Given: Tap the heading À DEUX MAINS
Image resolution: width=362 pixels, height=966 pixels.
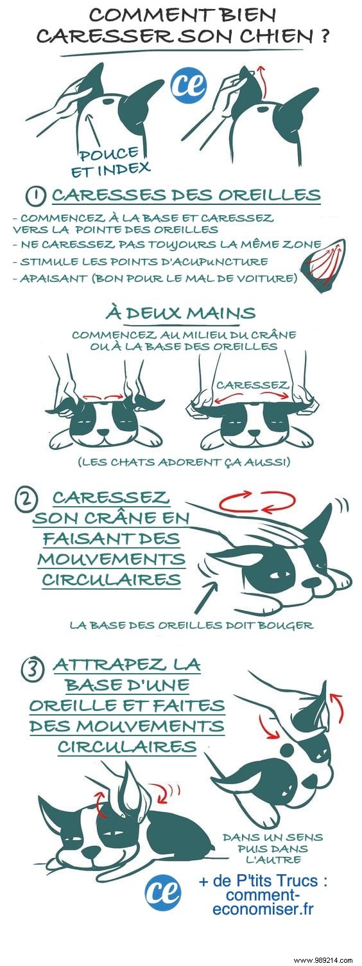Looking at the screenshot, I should (x=181, y=313).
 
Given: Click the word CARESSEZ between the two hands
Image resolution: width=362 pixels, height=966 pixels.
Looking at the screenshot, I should (x=252, y=385).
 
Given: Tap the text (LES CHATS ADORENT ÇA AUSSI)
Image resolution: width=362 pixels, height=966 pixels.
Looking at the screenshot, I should (x=181, y=462).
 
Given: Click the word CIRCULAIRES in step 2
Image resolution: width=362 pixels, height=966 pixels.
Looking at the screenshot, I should (x=111, y=579).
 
